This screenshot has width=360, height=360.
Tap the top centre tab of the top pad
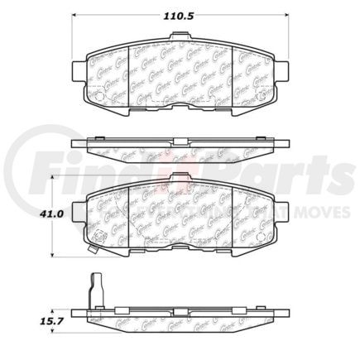click(x=180, y=37)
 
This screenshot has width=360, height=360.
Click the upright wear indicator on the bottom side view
click(x=94, y=291)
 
